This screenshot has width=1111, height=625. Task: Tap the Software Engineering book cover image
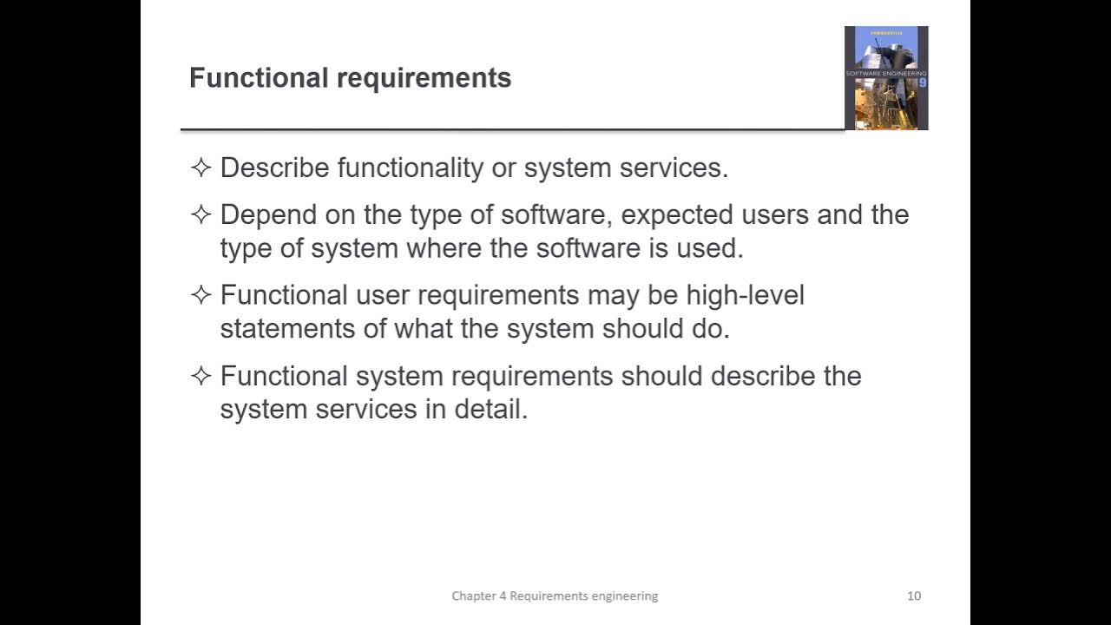click(886, 78)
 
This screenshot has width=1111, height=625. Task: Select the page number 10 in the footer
click(914, 595)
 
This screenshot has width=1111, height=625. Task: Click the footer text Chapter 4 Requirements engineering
click(555, 595)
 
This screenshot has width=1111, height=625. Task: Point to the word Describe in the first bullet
click(275, 168)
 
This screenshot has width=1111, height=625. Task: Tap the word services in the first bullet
click(673, 168)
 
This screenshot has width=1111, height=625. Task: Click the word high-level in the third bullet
click(745, 295)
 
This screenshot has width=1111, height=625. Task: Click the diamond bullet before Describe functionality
click(201, 168)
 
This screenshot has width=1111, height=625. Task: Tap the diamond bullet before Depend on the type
click(201, 214)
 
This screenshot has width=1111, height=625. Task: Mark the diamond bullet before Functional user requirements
click(201, 295)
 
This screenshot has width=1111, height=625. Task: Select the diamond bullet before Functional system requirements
click(201, 376)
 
